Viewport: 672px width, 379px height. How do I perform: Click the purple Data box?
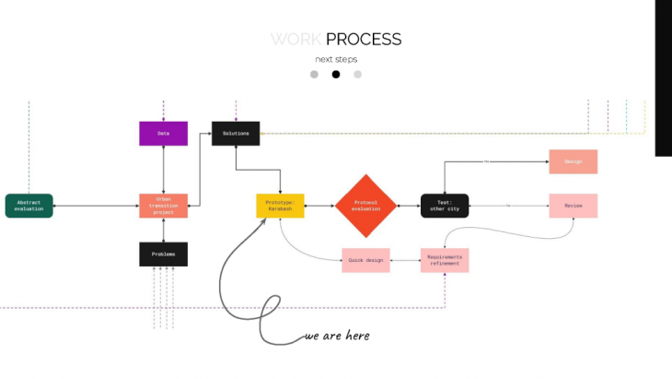point(163,134)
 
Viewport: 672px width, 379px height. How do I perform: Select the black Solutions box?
point(236,134)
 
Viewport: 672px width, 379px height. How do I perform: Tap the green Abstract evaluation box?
point(29,206)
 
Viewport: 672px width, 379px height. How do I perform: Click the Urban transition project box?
point(163,206)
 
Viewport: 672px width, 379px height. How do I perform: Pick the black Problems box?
point(163,254)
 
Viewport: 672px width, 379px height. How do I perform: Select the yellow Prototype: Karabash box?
point(280,206)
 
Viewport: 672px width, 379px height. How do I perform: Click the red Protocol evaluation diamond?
point(365,206)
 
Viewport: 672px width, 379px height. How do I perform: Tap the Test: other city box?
point(445,206)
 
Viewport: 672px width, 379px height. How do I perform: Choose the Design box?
point(573,161)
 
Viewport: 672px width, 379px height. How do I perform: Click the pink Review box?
point(573,206)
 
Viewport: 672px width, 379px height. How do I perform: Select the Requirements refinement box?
point(445,260)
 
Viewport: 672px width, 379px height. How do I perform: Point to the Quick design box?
point(365,260)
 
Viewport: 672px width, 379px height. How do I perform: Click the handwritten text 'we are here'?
point(338,336)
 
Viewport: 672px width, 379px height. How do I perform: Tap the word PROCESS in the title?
point(364,40)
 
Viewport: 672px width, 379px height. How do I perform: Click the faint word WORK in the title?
point(296,40)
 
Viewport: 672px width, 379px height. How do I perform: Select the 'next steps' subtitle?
point(336,59)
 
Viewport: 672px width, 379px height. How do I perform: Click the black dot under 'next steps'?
point(336,75)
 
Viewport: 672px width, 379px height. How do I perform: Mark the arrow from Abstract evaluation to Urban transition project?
point(96,206)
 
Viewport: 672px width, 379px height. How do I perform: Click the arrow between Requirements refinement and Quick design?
point(405,260)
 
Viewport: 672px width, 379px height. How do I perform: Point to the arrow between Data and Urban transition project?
point(163,170)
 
